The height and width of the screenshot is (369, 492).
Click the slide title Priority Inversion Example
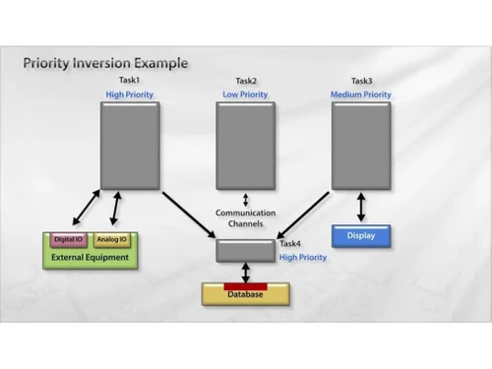[x=105, y=63]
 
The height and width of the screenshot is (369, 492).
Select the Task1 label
[x=130, y=81]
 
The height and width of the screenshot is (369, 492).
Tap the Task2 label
[x=245, y=81]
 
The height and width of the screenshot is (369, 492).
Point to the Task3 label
[x=361, y=81]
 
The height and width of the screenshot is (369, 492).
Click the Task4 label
[x=290, y=243]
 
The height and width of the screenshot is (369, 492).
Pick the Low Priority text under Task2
[x=245, y=94]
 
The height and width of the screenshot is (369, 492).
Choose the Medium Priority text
[x=360, y=94]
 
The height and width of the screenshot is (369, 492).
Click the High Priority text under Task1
[x=130, y=94]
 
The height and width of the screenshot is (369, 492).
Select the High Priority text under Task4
[x=302, y=257]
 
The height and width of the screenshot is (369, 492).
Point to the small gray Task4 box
[x=245, y=250]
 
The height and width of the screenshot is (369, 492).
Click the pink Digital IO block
[x=68, y=240]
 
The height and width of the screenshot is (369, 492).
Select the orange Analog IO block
[x=113, y=240]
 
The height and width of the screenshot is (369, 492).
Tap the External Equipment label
[x=90, y=258]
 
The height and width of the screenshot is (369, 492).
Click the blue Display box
[x=360, y=236]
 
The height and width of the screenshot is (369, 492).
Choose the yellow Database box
[x=245, y=294]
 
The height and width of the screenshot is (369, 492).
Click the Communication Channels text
[x=245, y=218]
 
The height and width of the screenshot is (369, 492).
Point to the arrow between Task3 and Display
[x=361, y=206]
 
